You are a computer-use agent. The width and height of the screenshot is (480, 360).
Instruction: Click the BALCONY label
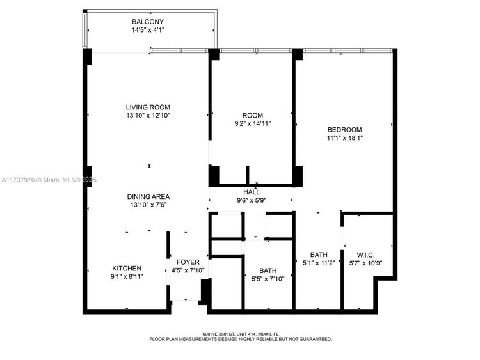click(148, 22)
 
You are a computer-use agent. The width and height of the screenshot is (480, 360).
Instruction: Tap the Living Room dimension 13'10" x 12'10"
click(148, 116)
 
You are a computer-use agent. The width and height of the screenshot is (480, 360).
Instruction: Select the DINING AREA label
click(148, 197)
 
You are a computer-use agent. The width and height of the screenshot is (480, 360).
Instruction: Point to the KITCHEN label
click(127, 268)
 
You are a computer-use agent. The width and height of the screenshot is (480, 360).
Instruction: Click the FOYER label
click(188, 262)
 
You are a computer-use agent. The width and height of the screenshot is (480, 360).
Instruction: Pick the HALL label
click(252, 192)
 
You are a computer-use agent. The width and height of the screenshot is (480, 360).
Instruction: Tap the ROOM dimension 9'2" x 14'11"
click(253, 123)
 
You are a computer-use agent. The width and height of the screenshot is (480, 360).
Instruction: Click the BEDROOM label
click(345, 130)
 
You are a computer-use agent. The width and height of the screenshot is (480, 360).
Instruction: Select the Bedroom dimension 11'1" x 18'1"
click(345, 138)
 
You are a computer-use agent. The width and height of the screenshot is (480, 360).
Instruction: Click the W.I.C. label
click(365, 255)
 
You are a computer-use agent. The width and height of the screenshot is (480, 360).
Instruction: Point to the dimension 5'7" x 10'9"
click(366, 263)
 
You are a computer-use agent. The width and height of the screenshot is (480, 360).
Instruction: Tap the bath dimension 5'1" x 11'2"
click(319, 262)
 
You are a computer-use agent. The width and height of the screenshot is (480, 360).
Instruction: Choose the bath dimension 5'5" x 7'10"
click(268, 279)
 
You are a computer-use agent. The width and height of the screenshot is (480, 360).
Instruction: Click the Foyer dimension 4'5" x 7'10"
click(188, 270)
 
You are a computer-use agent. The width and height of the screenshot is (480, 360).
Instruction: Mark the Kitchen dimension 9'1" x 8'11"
click(127, 276)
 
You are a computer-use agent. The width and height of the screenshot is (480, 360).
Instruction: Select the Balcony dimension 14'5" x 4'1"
click(148, 30)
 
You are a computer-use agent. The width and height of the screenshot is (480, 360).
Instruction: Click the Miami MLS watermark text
click(49, 180)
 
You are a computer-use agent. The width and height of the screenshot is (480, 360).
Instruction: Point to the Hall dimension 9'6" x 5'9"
click(252, 200)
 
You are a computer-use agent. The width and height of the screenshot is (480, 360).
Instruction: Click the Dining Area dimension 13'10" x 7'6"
click(148, 205)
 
